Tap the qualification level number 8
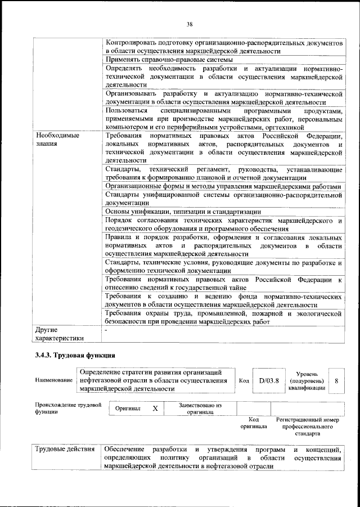click(x=336, y=381)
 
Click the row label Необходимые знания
click(x=57, y=140)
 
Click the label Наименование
click(x=54, y=381)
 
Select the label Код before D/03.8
click(x=244, y=381)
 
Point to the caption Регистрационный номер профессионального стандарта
click(x=307, y=427)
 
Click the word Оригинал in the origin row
click(x=128, y=409)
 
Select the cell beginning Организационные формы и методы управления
click(x=223, y=187)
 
